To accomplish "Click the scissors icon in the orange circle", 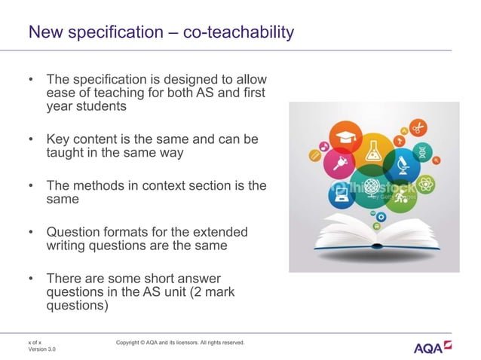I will pos(418,128).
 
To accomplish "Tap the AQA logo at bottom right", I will pos(433,347).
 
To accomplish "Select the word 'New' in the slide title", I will pos(43,32).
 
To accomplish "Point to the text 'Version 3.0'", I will pos(41,349).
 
